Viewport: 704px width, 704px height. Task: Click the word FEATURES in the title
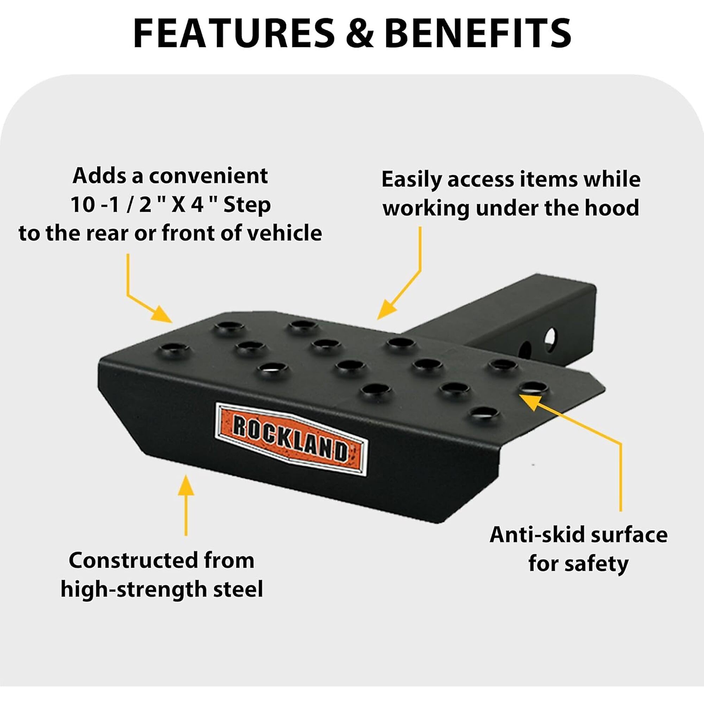point(234,33)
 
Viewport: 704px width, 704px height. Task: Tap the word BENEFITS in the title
point(478,33)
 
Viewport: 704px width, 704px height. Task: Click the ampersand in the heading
point(360,33)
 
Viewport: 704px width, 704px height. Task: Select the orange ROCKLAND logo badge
point(291,439)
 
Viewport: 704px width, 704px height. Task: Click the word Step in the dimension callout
point(247,205)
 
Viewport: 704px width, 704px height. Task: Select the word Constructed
point(134,560)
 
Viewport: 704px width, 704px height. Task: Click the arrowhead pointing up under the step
point(186,485)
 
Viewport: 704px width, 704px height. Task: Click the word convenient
point(208,176)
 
